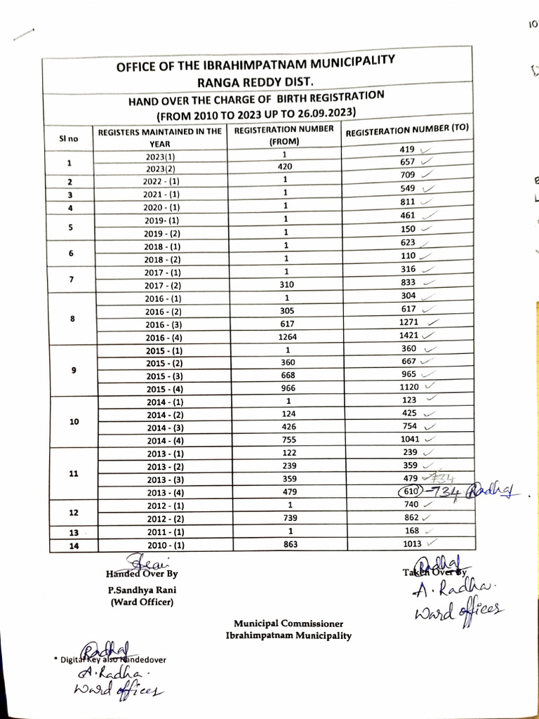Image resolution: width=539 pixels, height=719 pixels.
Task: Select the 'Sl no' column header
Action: (x=69, y=138)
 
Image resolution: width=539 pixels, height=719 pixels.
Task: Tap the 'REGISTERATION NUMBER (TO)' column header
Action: (x=406, y=131)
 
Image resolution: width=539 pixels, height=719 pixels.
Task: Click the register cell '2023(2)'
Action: (x=163, y=168)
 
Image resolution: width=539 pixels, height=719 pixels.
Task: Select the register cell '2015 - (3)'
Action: (x=164, y=376)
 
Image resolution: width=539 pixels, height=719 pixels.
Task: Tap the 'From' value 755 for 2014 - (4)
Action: (x=285, y=440)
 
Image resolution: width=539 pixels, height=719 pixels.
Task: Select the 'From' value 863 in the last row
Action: (x=285, y=543)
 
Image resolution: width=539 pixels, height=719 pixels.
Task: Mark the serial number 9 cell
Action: (x=74, y=369)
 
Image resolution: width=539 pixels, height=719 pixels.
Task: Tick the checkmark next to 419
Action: (x=425, y=149)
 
